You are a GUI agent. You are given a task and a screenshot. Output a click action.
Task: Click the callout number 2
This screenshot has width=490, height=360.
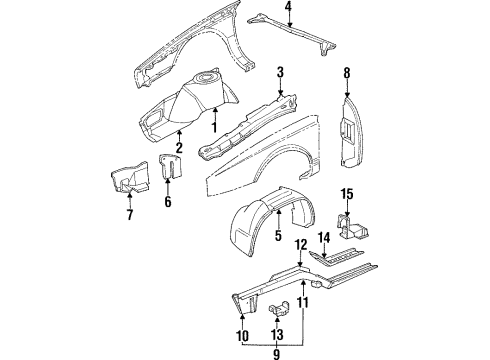click(179, 148)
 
